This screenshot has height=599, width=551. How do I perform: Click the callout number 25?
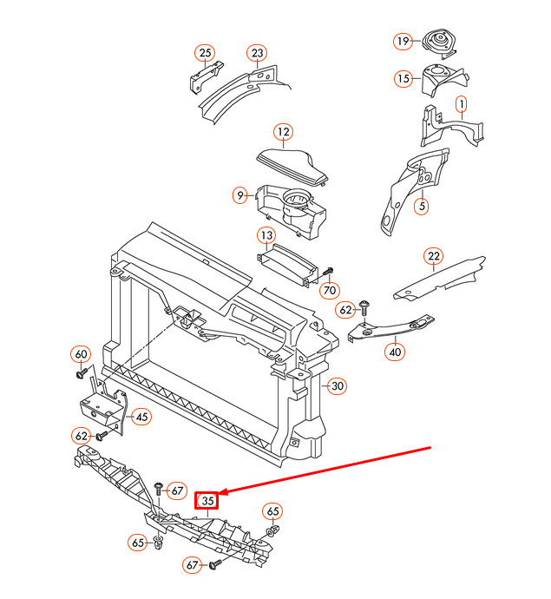point(205,53)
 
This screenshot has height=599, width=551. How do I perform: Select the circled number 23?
point(258,53)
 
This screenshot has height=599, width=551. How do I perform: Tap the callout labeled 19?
point(403,41)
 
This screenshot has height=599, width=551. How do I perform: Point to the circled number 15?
point(403,79)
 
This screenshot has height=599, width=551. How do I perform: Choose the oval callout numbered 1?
point(462,104)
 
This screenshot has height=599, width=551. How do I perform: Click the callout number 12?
point(284,132)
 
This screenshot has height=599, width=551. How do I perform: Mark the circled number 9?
point(239,195)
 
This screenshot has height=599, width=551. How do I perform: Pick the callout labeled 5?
point(422,207)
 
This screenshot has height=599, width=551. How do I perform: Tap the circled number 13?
point(266,235)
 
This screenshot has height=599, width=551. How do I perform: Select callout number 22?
point(433,256)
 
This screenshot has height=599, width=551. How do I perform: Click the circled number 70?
point(330,290)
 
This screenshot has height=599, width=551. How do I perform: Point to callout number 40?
point(395,352)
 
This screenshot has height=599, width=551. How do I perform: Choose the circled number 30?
point(338,385)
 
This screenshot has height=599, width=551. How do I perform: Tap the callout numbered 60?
point(81,354)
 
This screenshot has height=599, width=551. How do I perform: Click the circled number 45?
point(141,417)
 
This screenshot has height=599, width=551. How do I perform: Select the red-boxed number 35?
point(207,500)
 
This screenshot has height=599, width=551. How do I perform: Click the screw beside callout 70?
point(327,273)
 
